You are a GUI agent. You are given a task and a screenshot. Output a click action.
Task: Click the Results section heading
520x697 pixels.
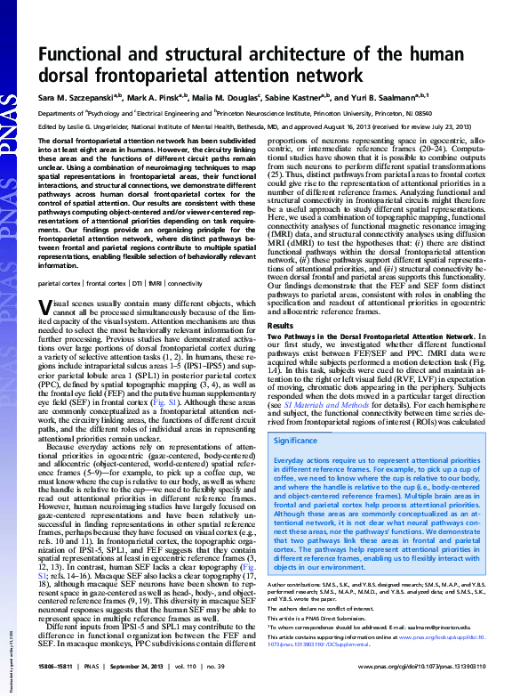tap(281, 327)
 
